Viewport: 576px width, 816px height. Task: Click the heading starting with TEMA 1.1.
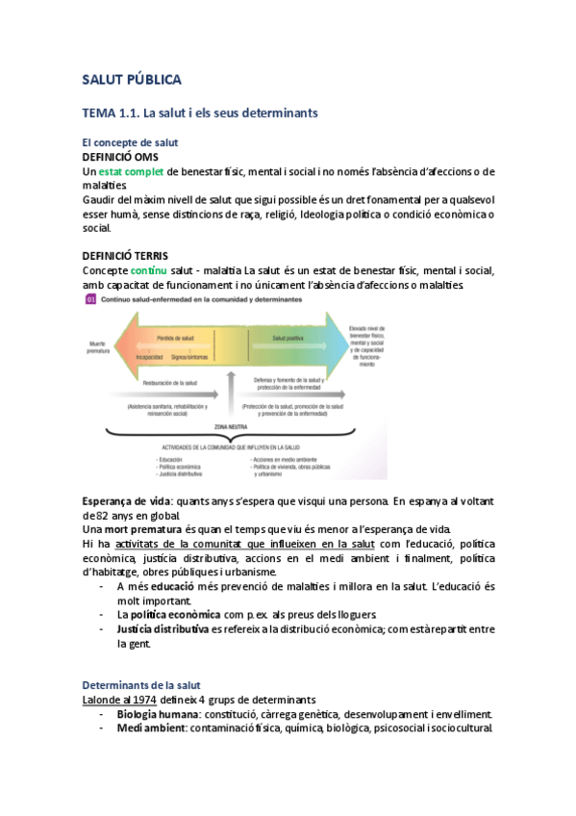[x=200, y=114]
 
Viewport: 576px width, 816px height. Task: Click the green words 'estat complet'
[x=131, y=171]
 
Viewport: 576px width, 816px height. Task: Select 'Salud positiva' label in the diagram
[x=290, y=339]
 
